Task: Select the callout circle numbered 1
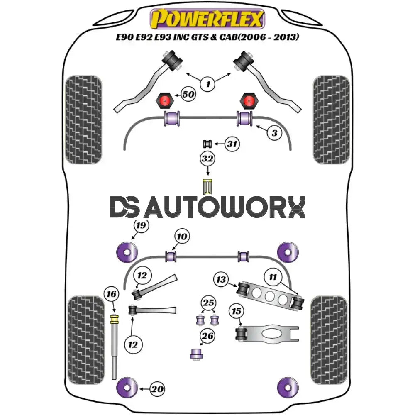(207, 85)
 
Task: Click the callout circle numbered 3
(274, 133)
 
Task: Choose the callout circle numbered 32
(207, 159)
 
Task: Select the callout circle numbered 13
(221, 280)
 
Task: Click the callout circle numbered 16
(112, 295)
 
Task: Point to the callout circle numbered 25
(208, 303)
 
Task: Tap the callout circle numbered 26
(208, 336)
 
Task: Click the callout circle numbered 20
(157, 389)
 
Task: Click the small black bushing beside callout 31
(207, 144)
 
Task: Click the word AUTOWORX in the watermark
(226, 207)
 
